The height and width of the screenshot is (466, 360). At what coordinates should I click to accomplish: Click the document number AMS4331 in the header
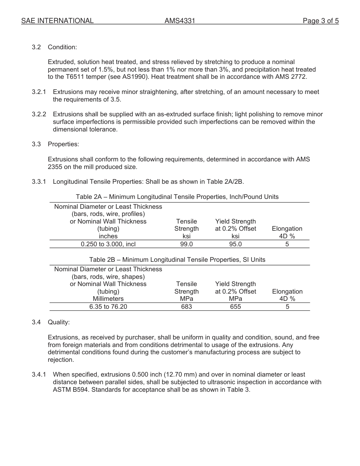pos(180,21)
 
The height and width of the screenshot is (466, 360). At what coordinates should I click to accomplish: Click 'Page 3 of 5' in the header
pos(321,21)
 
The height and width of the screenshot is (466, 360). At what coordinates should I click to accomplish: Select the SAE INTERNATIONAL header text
pos(57,21)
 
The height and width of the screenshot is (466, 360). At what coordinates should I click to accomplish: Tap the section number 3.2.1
pos(39,92)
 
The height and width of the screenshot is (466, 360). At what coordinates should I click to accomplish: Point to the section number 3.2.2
pos(39,114)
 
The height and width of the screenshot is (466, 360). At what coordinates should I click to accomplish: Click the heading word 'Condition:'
pos(62,47)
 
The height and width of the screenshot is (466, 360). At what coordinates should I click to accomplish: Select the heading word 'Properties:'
pos(63,144)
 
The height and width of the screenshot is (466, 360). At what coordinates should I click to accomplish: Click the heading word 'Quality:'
pos(59,322)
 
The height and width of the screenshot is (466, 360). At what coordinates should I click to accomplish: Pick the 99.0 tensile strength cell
pos(186,244)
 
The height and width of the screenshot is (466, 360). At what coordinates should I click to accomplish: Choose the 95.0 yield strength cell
pos(235,244)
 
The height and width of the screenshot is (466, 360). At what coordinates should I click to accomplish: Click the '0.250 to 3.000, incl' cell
pos(108,244)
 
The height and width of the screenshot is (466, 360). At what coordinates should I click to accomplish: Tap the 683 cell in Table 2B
pos(186,307)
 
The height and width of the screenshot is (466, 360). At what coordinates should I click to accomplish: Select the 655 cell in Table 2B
pos(235,307)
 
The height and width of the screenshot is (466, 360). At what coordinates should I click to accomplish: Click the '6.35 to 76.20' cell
pos(108,307)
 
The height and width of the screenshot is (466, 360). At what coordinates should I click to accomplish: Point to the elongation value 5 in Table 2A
pos(287,244)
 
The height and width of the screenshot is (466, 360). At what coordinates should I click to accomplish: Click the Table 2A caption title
pos(177,197)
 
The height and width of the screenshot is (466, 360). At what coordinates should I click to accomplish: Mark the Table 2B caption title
pos(177,260)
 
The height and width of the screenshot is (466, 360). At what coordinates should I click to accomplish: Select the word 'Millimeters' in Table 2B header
pos(108,299)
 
